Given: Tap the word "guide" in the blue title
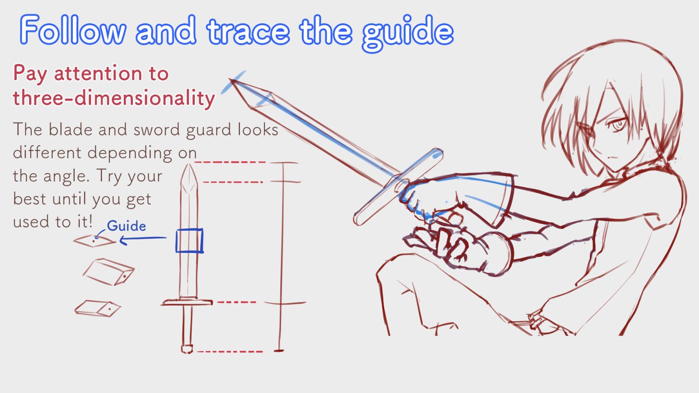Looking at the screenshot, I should coord(407,32).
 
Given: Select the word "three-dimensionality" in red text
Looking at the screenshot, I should coord(114,98).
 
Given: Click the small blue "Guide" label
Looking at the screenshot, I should coord(126,226).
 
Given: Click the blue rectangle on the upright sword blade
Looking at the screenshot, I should coord(189,241).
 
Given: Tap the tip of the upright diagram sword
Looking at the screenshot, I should coord(188,166).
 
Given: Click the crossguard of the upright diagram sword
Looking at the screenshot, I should coord(187,302).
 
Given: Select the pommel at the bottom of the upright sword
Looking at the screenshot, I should coord(187,349).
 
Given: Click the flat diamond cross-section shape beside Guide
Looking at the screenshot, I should coord(95,241).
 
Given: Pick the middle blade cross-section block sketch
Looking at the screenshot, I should coord(108,272).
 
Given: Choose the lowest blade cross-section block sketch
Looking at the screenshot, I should coord(97,308).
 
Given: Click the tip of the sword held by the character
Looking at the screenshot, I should coord(232,81).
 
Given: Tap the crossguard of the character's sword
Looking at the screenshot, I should coord(398,186).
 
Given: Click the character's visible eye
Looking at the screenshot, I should coord(618,124).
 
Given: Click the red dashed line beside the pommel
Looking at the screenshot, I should coord(230,351).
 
